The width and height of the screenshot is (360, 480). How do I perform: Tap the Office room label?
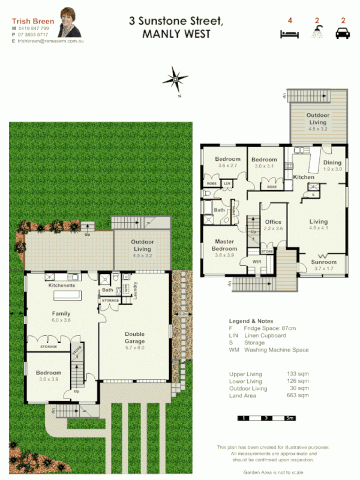tap(273, 222)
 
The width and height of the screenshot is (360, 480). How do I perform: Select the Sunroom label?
tap(325, 262)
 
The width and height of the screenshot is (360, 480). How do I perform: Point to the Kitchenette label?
tap(61, 285)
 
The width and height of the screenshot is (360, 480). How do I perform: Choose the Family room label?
tap(61, 313)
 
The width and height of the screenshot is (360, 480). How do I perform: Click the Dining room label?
tap(332, 163)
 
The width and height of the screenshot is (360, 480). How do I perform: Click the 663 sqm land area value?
tap(298, 395)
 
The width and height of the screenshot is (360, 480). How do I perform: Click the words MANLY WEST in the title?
tap(176, 34)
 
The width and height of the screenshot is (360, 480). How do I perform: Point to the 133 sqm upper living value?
tap(298, 374)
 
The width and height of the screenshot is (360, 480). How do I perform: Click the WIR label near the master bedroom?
tap(257, 262)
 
